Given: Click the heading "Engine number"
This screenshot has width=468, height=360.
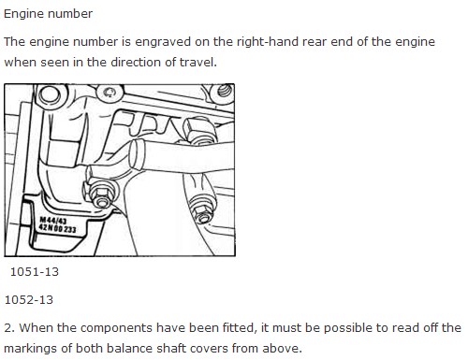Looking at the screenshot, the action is click(x=48, y=14).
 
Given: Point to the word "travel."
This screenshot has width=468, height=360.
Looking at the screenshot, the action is click(x=198, y=62).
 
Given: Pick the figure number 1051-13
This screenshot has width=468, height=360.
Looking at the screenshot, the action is click(x=35, y=272).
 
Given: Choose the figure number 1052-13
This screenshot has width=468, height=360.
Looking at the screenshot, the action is click(x=29, y=300).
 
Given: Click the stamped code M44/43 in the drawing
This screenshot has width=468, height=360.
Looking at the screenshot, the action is click(x=52, y=221).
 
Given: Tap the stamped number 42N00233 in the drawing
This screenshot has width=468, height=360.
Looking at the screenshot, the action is click(x=57, y=228).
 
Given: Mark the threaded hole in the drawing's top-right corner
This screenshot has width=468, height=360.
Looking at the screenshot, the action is click(x=225, y=91).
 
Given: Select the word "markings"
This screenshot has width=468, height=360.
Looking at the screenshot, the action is click(x=31, y=349).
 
